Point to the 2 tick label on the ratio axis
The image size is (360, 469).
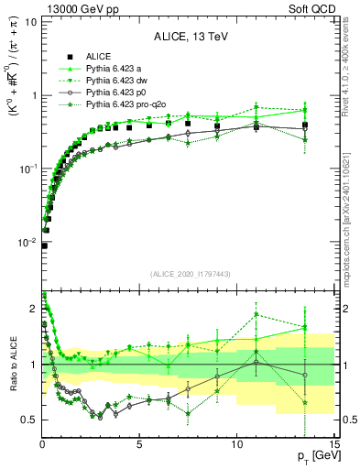pos(33,309)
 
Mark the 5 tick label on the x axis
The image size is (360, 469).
pos(139,444)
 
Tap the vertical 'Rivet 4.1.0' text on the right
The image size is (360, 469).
pos(352,73)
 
